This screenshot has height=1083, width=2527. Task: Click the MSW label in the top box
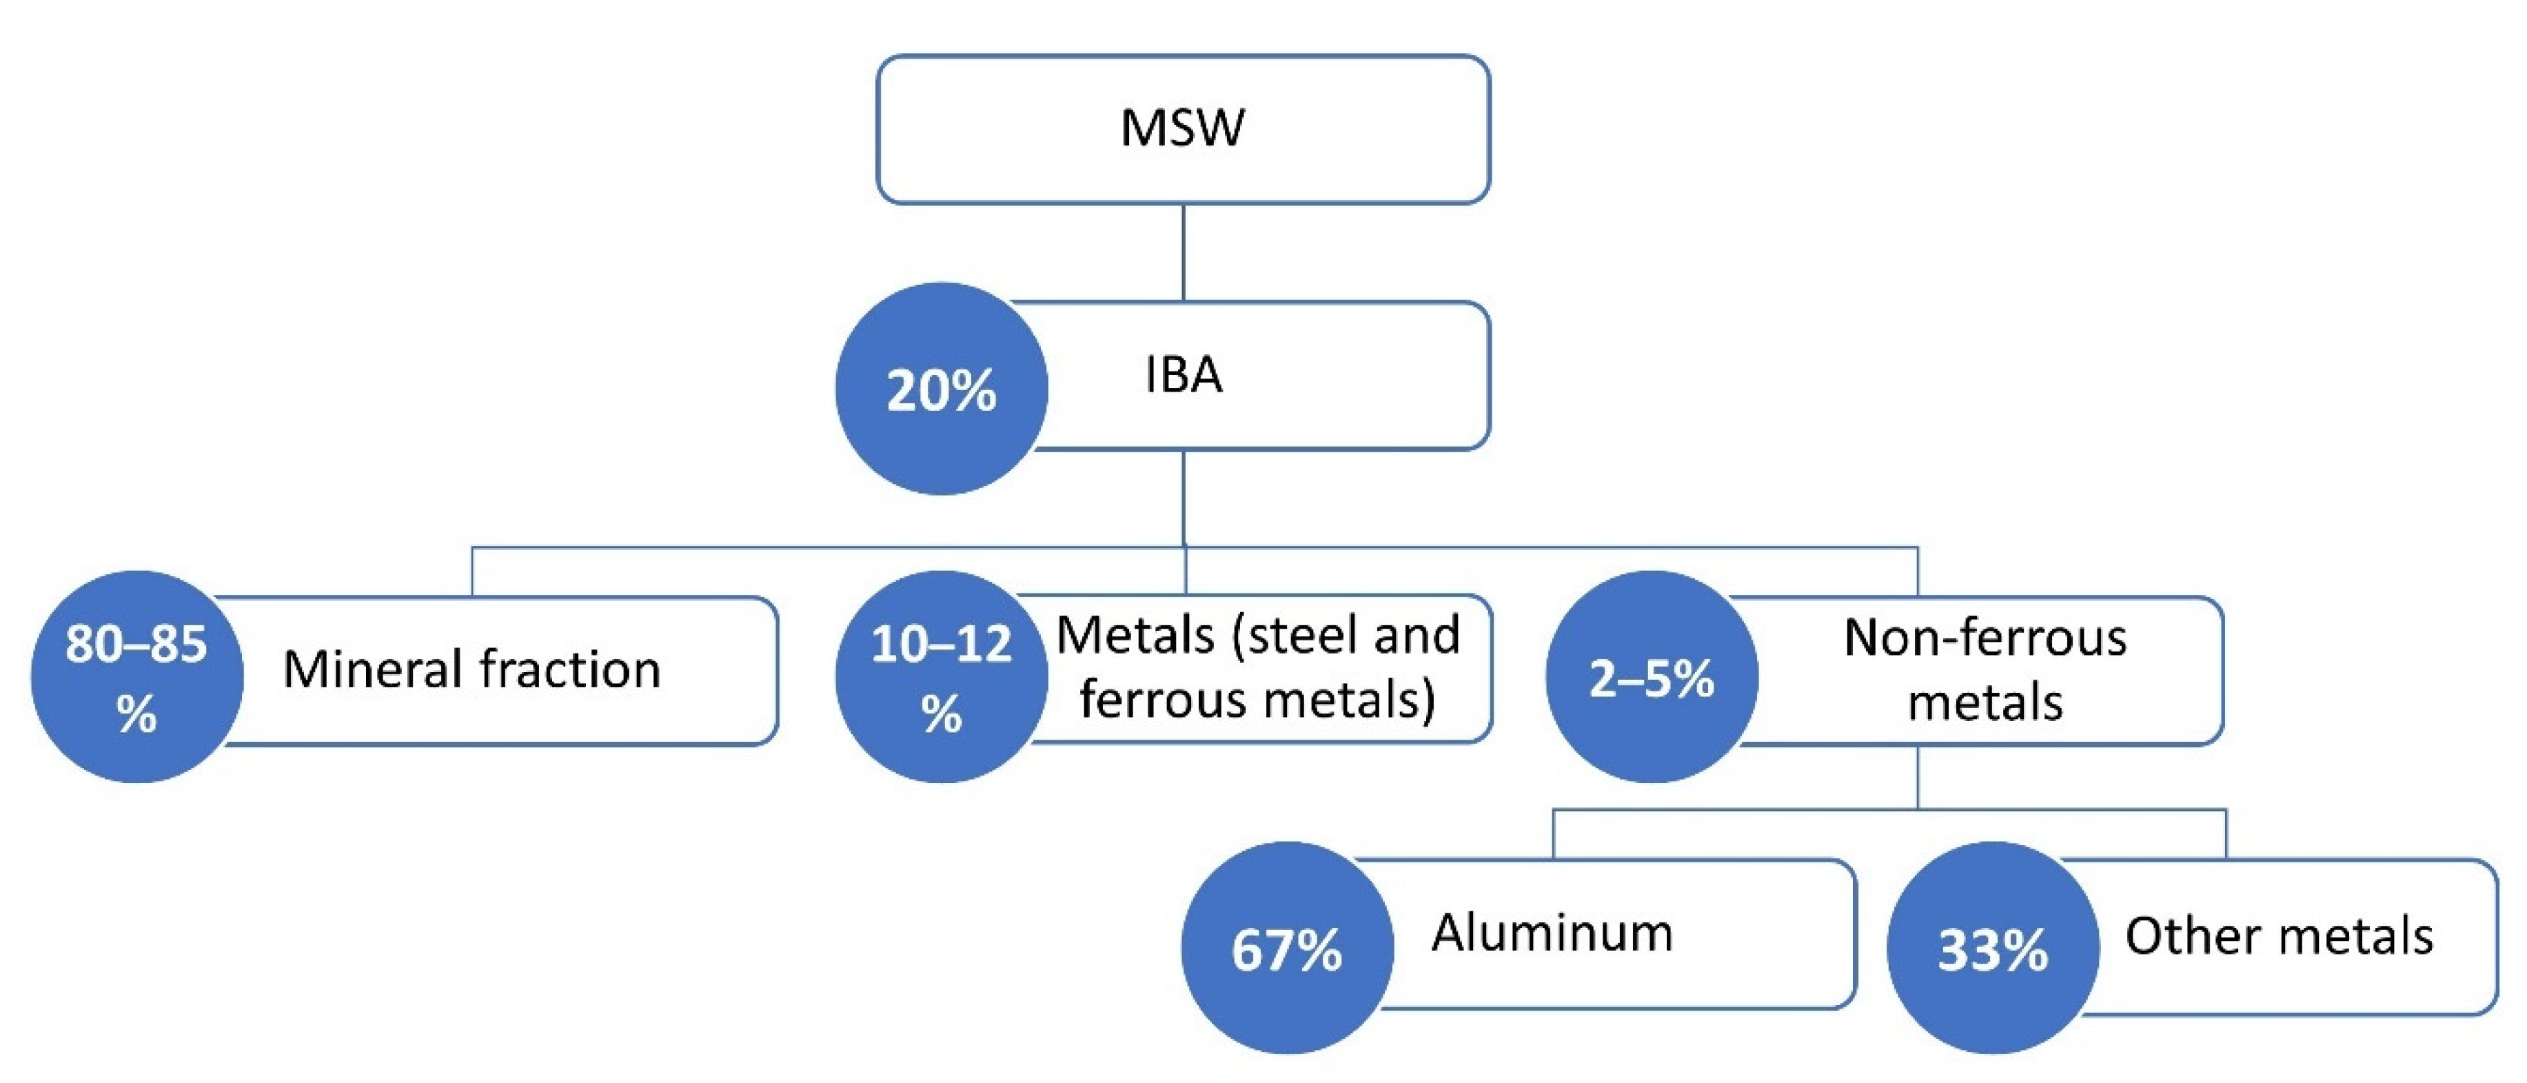(x=1182, y=128)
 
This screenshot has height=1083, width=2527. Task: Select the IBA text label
(x=1183, y=375)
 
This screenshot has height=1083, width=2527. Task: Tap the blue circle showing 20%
(x=942, y=389)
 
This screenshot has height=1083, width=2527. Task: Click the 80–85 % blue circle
(x=136, y=677)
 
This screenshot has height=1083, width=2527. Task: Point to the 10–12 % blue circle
(x=942, y=677)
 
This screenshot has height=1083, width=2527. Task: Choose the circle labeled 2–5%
(x=1652, y=677)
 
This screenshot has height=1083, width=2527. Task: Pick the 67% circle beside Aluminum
(x=1287, y=949)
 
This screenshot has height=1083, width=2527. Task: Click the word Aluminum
(x=1552, y=932)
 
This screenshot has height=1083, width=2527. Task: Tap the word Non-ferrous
(x=1985, y=638)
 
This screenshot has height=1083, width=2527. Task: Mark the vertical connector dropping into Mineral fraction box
(x=473, y=572)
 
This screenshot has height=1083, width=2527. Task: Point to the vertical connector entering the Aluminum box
(x=1554, y=835)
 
